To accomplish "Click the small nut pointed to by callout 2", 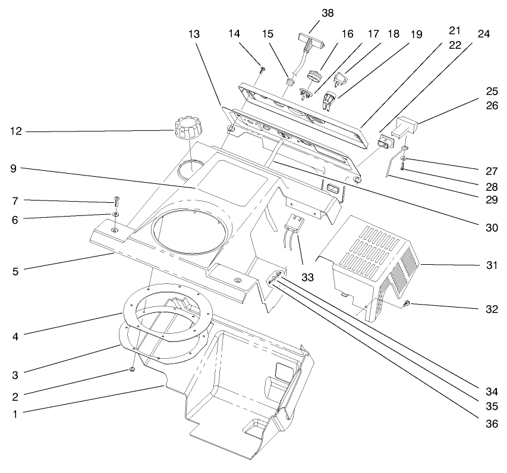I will (132, 370).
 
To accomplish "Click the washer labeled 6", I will (115, 214).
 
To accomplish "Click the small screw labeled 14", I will (262, 70).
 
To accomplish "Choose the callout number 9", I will (16, 168).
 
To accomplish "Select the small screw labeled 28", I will (402, 169).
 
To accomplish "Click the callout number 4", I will (16, 337).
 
